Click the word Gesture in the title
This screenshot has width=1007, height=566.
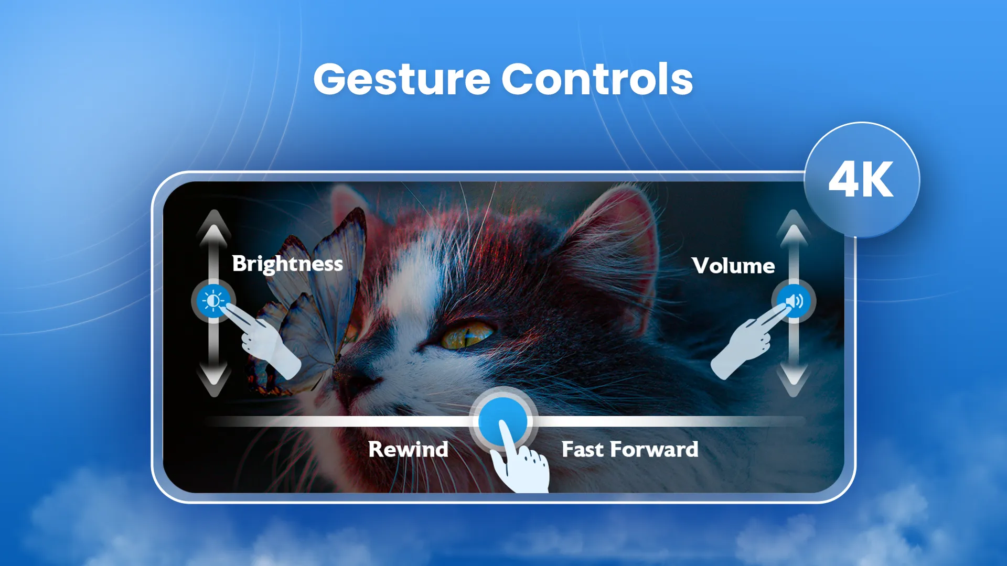[x=401, y=80]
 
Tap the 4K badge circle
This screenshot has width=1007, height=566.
[x=861, y=180]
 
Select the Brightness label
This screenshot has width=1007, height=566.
[x=287, y=264]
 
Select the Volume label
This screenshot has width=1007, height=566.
[x=733, y=266]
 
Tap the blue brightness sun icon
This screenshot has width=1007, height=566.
[x=213, y=301]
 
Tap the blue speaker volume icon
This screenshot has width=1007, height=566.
[x=794, y=301]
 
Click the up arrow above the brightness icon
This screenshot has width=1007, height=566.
[x=213, y=228]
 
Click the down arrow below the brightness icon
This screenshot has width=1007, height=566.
[x=213, y=378]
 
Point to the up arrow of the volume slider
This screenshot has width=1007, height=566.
[x=794, y=228]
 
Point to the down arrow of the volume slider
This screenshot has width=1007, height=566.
[x=794, y=378]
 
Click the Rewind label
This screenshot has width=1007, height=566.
[x=408, y=449]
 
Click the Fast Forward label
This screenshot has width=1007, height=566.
[x=629, y=449]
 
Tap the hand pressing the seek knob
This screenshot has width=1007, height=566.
[x=522, y=466]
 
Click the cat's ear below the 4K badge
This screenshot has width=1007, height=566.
[x=619, y=231]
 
